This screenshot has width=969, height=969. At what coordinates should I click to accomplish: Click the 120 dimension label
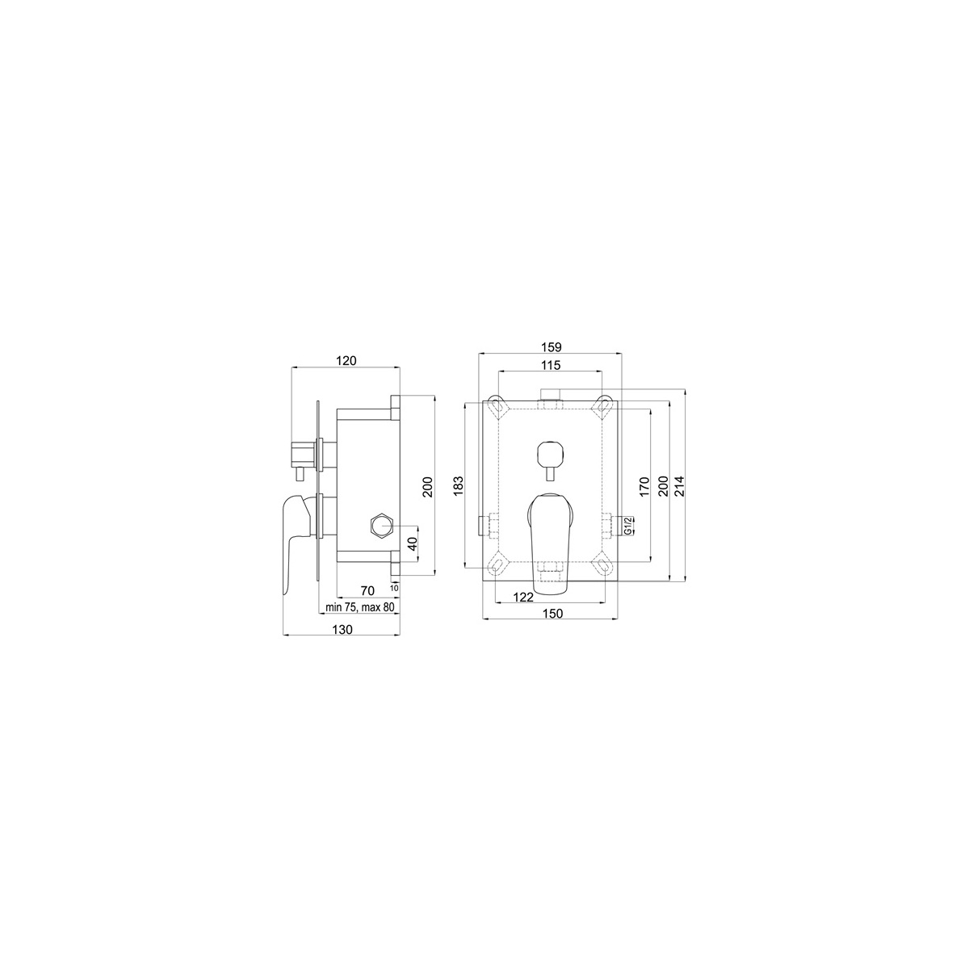(x=346, y=360)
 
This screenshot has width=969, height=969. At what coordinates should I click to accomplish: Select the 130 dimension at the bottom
(x=342, y=630)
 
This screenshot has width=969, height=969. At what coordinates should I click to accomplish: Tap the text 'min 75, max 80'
(x=359, y=607)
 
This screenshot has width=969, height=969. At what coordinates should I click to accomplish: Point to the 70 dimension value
(x=367, y=591)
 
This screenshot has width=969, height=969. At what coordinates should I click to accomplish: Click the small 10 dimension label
(x=395, y=587)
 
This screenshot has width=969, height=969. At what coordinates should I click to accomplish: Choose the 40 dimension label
(x=413, y=543)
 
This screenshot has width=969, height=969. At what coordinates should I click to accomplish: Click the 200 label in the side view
(x=427, y=487)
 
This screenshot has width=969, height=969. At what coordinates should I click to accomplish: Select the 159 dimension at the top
(x=552, y=347)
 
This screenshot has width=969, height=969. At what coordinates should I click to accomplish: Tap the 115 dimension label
(x=552, y=366)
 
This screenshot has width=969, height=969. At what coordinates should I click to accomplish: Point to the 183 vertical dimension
(x=458, y=486)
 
